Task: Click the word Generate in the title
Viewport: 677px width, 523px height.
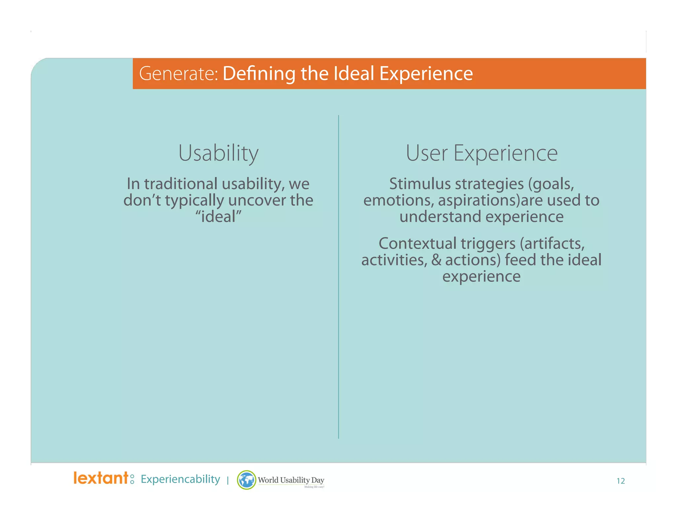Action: coord(178,74)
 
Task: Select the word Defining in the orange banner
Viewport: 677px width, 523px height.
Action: coord(259,74)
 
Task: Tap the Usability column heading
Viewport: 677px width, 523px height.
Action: coord(218,153)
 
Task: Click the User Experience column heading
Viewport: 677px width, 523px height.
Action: coord(481,153)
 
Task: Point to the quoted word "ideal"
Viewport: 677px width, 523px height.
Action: coord(218,217)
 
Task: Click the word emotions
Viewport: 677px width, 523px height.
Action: coord(398,200)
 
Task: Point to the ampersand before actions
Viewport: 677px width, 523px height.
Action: coord(436,260)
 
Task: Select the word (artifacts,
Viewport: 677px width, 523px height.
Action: coord(552,244)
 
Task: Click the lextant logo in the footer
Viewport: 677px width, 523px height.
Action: coord(101,478)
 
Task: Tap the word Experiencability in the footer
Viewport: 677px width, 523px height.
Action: coord(180,479)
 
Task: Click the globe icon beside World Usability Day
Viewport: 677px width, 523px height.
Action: coord(246,480)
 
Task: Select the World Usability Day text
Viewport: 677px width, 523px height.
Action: coord(291,480)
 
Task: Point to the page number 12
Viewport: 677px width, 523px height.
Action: coord(620,481)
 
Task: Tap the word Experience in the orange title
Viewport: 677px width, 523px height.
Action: coord(426,74)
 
